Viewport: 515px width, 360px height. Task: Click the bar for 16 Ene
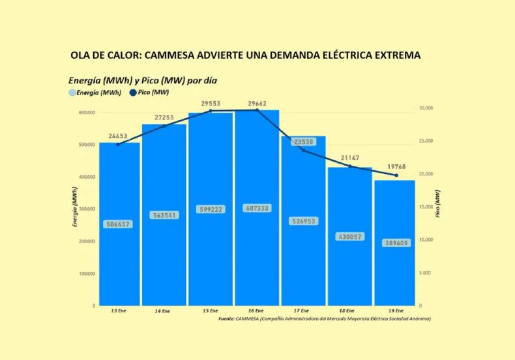[x=257, y=261]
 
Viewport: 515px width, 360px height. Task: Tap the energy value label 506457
[x=119, y=224]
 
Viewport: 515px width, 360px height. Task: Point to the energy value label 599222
[x=211, y=209]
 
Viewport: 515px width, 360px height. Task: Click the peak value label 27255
[x=164, y=117]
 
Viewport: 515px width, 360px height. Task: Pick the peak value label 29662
[x=257, y=103]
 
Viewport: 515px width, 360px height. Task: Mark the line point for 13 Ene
[x=118, y=144]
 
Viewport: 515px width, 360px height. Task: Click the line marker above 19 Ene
[x=396, y=175]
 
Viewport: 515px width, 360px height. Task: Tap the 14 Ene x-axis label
[x=164, y=311]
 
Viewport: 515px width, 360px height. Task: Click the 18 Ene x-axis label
[x=349, y=311]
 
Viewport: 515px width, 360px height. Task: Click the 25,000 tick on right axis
[x=426, y=141]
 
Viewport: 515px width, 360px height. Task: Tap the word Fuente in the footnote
[x=226, y=319]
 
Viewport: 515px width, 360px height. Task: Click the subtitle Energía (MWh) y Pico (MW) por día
[x=143, y=80]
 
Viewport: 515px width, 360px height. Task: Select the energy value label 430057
[x=349, y=237]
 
